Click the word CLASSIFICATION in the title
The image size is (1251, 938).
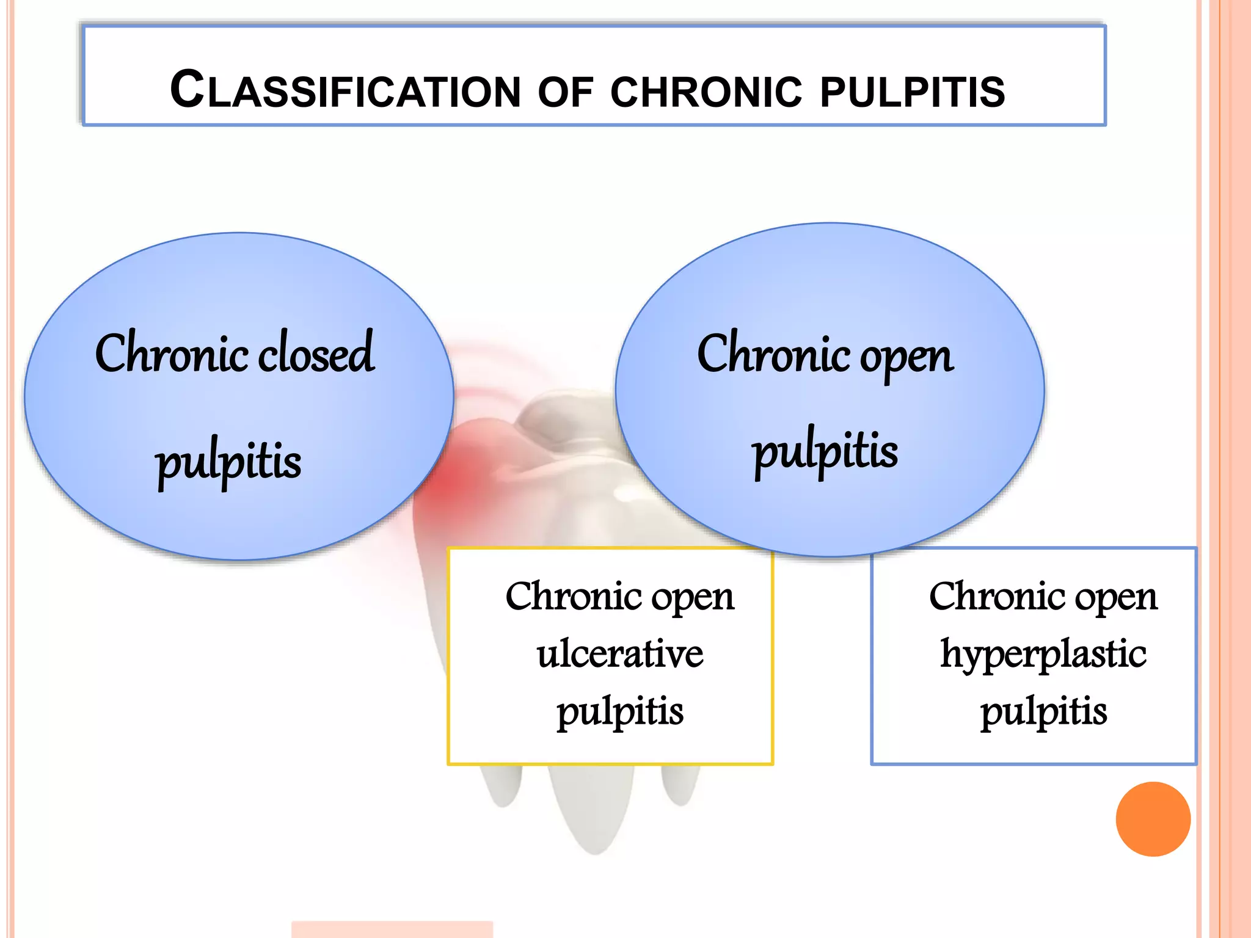pos(345,90)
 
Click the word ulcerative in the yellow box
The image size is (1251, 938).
pos(620,654)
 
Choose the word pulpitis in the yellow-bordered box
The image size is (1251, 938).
pos(619,712)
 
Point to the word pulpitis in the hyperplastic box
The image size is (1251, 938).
pos(1043,712)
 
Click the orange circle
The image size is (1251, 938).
pos(1153,819)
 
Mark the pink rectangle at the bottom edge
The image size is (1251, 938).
pos(392,929)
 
